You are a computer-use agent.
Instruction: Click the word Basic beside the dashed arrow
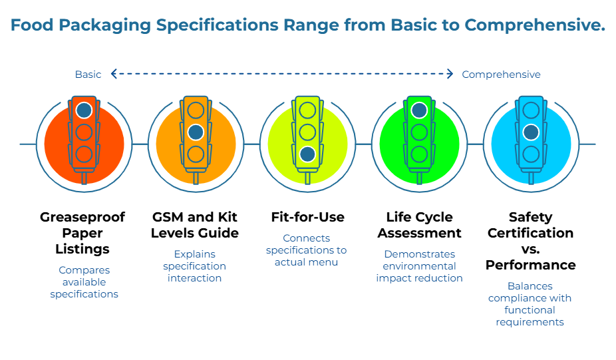pos(88,75)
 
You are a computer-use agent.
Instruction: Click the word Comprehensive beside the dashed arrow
pos(501,75)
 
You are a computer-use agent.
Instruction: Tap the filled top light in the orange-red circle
pos(84,110)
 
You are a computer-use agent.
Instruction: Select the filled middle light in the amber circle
pos(196,132)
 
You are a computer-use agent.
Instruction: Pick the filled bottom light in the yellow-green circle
pos(307,154)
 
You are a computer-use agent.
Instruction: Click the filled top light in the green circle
pos(419,110)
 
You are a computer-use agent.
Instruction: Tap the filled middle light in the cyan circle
pos(531,132)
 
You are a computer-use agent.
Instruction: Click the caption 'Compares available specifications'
pos(84,282)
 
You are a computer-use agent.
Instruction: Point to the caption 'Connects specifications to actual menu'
pos(306,250)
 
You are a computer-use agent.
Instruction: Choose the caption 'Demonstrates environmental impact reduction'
pos(419,266)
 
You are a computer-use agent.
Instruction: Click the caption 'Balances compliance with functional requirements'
pos(530,304)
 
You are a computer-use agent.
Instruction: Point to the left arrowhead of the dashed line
pos(114,75)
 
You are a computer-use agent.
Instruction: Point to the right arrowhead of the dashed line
pos(452,75)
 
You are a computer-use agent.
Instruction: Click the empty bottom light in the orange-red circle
pos(84,154)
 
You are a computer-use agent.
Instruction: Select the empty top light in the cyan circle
pos(531,110)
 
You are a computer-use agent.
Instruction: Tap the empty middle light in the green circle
pos(419,132)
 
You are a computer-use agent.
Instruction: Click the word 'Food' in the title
pos(32,25)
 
